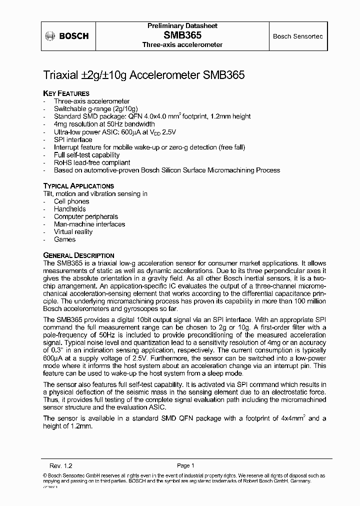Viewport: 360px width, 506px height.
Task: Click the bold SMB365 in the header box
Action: (x=182, y=35)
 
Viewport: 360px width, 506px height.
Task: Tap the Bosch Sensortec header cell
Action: (x=297, y=36)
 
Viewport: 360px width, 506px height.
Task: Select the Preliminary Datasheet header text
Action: (x=182, y=25)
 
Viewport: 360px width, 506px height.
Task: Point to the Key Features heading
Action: (x=66, y=93)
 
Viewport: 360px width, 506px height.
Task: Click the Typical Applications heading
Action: (x=78, y=185)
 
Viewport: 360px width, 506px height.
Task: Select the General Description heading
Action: (x=78, y=255)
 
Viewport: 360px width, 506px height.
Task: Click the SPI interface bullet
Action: (x=73, y=139)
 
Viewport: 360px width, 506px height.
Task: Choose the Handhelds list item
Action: (x=70, y=209)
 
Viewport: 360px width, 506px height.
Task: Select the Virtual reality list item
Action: (x=73, y=232)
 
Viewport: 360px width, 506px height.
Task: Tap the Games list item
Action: (x=64, y=239)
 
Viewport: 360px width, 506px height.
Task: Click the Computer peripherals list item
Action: (x=86, y=216)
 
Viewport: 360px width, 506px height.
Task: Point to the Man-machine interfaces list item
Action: (x=89, y=224)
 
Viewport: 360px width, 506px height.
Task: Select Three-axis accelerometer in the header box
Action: (x=182, y=44)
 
